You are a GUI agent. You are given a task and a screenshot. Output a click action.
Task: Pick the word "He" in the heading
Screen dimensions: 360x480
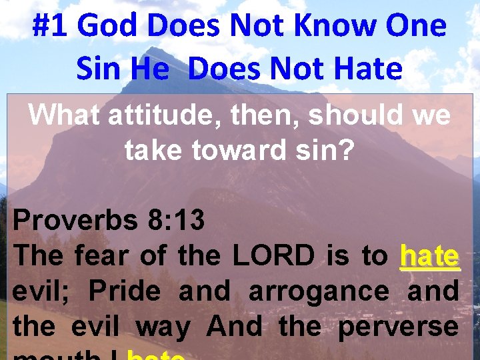pos(150,69)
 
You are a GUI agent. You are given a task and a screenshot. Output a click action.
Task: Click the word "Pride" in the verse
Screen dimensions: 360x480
pos(124,291)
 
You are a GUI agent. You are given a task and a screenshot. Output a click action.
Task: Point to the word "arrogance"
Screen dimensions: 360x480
pos(319,291)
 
